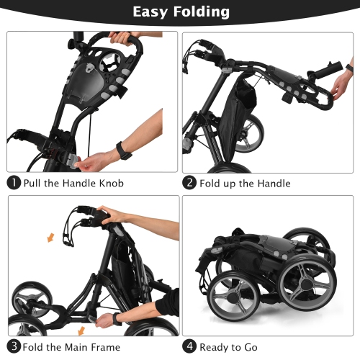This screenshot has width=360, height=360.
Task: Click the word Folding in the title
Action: (x=200, y=12)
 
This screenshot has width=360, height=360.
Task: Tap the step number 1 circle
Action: (x=14, y=183)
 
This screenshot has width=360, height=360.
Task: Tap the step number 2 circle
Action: (x=189, y=183)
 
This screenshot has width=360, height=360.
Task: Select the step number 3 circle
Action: (x=14, y=346)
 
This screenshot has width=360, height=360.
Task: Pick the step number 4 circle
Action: (x=189, y=346)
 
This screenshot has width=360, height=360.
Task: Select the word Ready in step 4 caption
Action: (x=216, y=346)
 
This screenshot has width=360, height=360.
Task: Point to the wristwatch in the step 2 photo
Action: (x=348, y=70)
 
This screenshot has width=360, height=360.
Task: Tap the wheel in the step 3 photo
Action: (x=28, y=302)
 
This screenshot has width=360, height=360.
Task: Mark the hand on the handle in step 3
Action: (x=114, y=214)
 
